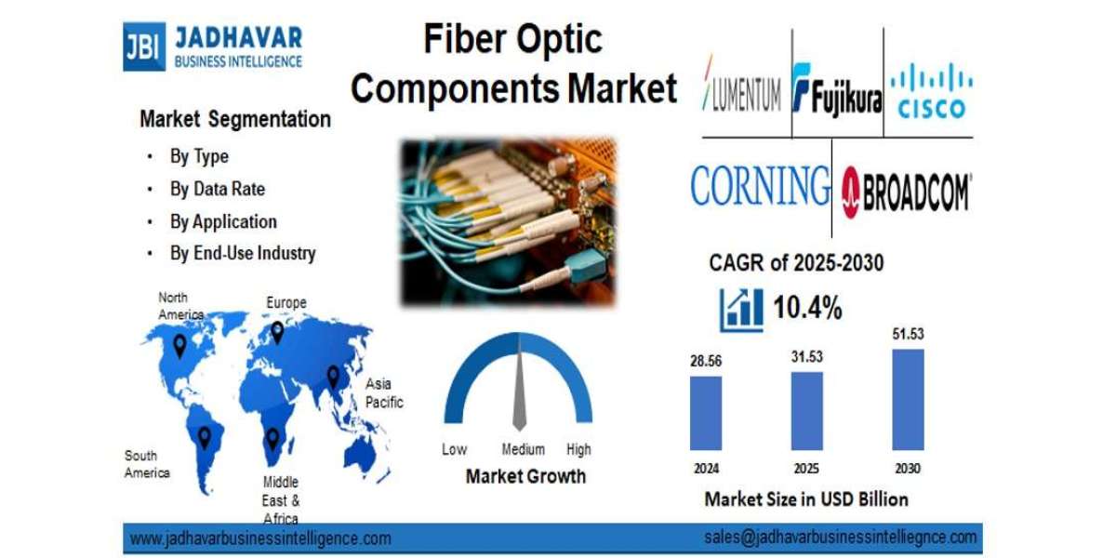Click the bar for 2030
tap(908, 400)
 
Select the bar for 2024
tap(706, 413)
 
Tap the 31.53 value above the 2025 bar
tap(806, 357)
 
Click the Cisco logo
tap(931, 90)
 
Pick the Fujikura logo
tap(837, 91)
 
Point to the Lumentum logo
tap(742, 90)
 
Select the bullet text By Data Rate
tap(217, 189)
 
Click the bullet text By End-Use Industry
tap(242, 253)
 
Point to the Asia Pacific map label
tap(384, 392)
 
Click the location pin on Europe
tap(277, 332)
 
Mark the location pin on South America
tap(205, 437)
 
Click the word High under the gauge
tap(578, 449)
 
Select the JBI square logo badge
tap(144, 46)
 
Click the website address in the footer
tap(260, 538)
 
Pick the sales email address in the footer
tap(841, 537)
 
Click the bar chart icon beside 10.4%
tap(741, 310)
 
